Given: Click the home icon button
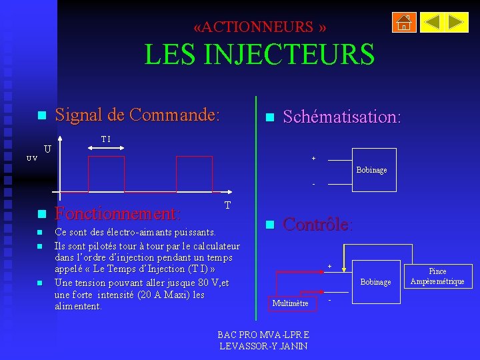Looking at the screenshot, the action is tap(404, 23).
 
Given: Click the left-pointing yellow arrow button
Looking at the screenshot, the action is tap(432, 23).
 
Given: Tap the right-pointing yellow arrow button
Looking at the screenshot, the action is tap(457, 23).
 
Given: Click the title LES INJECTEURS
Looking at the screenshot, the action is tap(259, 54).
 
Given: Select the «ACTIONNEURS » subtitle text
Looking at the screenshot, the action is tap(259, 27).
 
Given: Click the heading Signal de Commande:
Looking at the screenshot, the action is tap(137, 115).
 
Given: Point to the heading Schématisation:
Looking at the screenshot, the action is tap(341, 117).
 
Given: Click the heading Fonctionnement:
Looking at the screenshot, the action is tap(117, 214).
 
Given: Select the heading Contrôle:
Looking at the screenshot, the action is tap(318, 224).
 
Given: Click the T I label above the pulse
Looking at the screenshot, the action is tap(105, 139).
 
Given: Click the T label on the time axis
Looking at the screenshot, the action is tap(227, 205).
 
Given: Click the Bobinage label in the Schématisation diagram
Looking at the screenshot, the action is tap(371, 170).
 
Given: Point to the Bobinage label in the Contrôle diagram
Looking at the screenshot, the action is tap(375, 282).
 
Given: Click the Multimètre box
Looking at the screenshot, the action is tap(289, 303).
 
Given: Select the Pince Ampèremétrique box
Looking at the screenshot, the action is tap(437, 276).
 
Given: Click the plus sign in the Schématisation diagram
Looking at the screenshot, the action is tap(313, 159).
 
